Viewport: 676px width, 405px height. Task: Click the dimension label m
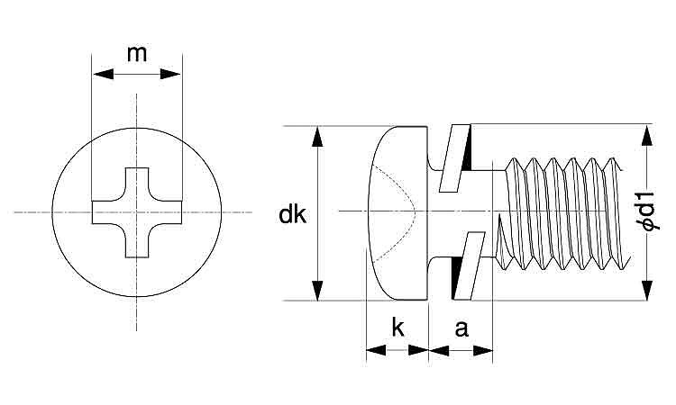click(x=136, y=53)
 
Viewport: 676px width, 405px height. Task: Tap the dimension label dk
click(x=292, y=215)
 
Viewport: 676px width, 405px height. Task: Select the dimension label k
click(x=397, y=328)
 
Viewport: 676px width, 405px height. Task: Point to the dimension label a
click(x=461, y=328)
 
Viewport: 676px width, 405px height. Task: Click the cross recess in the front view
click(x=136, y=212)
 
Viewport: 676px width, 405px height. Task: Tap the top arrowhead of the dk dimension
click(x=317, y=137)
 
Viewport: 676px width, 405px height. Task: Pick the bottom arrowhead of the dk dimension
click(x=317, y=290)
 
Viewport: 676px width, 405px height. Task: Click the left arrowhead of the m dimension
click(x=102, y=74)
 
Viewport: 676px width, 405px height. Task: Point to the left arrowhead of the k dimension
click(x=375, y=349)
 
